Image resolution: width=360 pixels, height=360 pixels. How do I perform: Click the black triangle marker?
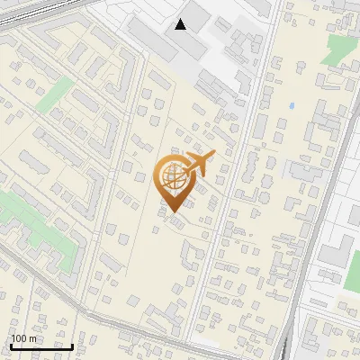pos(181,24)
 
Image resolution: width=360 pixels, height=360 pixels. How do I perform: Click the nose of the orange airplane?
pos(214,155)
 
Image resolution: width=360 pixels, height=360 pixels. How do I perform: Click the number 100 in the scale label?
pos(21,338)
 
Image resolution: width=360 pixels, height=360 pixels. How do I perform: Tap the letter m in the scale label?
pos(34,338)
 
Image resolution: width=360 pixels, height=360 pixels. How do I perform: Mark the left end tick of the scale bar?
pos(10,346)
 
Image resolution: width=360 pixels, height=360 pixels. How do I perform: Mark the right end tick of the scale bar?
pos(73,346)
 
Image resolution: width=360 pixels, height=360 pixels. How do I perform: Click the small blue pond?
pos(291,105)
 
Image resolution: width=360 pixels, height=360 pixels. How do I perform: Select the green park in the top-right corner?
pos(339,49)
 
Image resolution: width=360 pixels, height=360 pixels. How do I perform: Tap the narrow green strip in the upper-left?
pos(57,92)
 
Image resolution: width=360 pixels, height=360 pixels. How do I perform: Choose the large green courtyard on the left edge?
pos(22,216)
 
